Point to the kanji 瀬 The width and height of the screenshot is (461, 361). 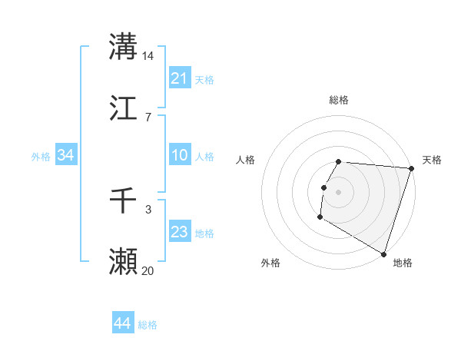123,262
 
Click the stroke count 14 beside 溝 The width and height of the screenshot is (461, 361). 148,55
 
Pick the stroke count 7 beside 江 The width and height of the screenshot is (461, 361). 148,117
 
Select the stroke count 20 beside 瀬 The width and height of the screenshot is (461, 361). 148,270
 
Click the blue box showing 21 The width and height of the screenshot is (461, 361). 180,78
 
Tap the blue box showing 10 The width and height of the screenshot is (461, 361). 180,155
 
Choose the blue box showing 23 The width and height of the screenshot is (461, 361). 180,232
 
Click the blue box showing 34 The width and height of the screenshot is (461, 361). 66,155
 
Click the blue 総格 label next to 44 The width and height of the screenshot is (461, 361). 148,325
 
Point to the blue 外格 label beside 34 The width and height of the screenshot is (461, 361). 41,156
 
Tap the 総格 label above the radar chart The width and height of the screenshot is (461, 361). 339,100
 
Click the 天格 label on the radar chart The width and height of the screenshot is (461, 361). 432,160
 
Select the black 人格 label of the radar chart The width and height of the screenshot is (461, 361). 246,160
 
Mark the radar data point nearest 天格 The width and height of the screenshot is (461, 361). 411,168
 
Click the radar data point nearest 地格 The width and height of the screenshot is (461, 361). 383,253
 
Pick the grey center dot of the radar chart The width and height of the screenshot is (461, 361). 339,191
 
